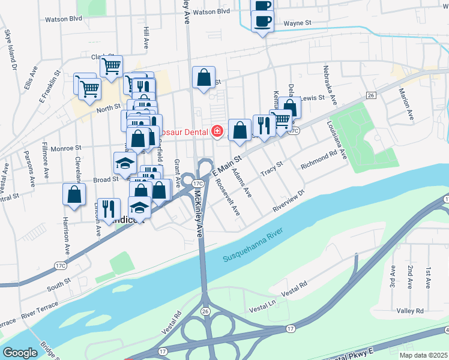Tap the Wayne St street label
point(297,23)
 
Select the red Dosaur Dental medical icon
point(217,130)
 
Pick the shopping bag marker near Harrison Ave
point(74,194)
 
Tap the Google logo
point(20,353)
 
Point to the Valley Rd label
point(411,310)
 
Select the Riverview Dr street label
point(289,202)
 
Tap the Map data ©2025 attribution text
point(423,355)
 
